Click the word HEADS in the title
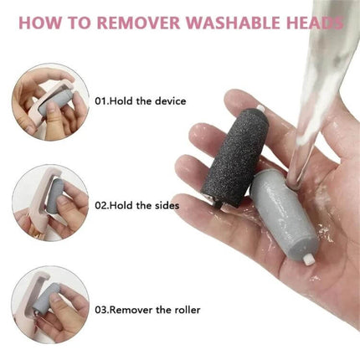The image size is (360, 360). pos(315,23)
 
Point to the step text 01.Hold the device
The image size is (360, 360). pos(140,101)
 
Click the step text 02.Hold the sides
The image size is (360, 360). pos(136,205)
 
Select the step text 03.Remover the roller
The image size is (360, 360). pos(147,310)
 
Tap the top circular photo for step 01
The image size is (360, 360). pos(49,101)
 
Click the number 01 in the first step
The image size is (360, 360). pos(100,101)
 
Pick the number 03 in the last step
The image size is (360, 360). pos(100,310)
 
